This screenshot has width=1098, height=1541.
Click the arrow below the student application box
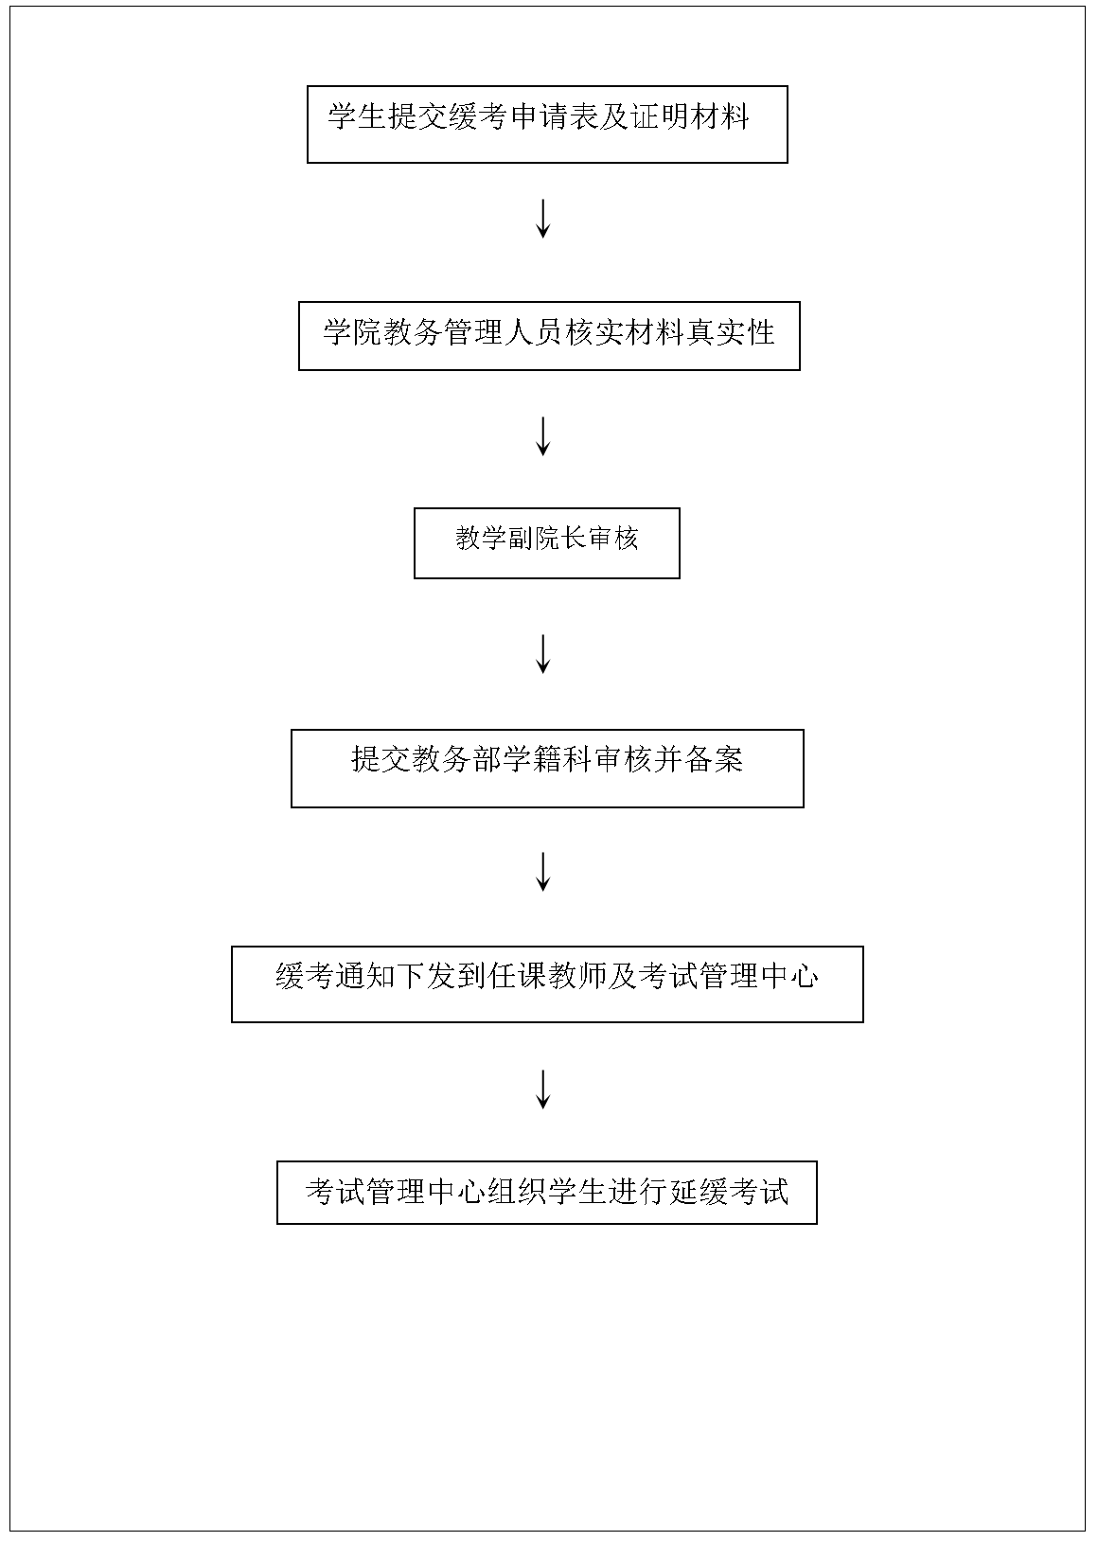(542, 219)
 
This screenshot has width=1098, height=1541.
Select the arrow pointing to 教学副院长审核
(542, 436)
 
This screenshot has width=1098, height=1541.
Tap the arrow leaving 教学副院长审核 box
(542, 653)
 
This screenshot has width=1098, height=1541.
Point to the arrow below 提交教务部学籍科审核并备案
(542, 872)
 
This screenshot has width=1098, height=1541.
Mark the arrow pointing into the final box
(542, 1089)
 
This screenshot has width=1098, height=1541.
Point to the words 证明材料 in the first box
(690, 115)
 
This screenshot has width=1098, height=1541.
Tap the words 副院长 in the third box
(533, 538)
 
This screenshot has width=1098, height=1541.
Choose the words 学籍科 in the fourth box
(547, 759)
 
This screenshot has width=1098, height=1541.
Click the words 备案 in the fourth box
(714, 759)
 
